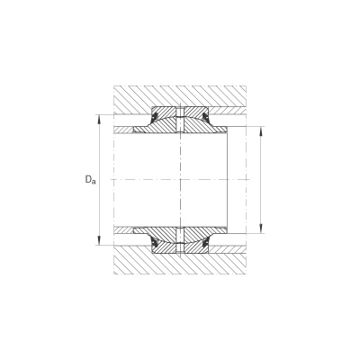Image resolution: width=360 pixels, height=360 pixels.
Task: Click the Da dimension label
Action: pos(90,180)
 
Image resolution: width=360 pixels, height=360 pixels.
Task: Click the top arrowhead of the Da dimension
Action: pos(99,118)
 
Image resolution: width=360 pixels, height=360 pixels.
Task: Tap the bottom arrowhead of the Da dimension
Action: pos(99,242)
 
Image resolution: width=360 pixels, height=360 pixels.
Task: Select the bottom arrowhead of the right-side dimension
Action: pos(261,229)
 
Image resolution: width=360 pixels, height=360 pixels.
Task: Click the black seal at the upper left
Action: pos(155,117)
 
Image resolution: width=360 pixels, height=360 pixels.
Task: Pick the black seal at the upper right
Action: pos(206,117)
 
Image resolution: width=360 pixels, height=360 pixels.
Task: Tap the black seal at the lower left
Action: pos(155,243)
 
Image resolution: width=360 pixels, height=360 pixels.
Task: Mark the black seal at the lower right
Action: pos(206,243)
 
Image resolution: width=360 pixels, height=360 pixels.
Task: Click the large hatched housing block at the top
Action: pos(180,96)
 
